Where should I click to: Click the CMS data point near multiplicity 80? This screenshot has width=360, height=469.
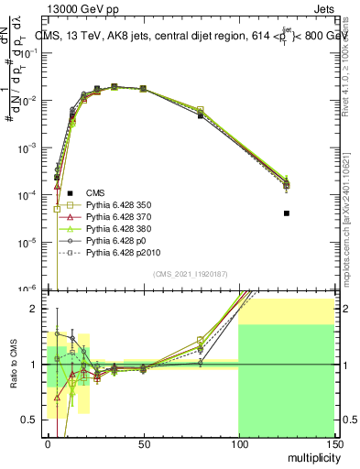(201, 116)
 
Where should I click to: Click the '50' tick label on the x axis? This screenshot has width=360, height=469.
(143, 443)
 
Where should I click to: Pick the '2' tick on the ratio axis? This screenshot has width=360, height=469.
(35, 309)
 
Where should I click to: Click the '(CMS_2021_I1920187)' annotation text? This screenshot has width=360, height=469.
(190, 275)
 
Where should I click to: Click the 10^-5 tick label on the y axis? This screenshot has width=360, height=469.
(27, 243)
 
